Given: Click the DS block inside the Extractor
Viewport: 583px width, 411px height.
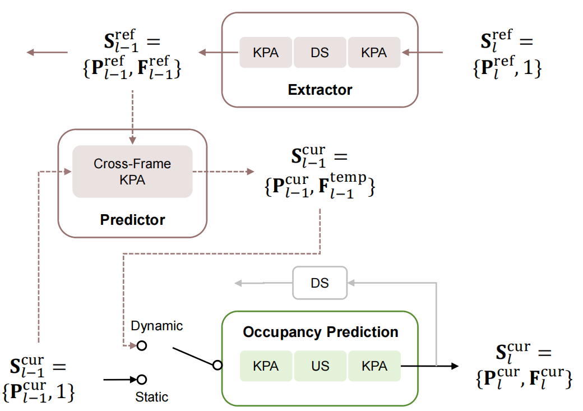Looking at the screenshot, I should (x=320, y=53).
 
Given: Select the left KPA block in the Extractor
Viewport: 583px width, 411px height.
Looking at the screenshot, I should (x=266, y=53).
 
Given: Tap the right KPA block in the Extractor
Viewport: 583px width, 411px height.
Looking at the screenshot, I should (x=374, y=53).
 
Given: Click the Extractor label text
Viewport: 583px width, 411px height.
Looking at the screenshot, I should (x=320, y=90).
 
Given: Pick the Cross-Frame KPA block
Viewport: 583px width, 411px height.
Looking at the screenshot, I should (x=132, y=171).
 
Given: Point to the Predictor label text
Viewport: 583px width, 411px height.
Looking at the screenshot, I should (x=132, y=219).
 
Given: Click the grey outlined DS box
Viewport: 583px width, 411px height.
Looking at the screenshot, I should (x=320, y=283).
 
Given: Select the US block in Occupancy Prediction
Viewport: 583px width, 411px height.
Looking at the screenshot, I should (x=320, y=366).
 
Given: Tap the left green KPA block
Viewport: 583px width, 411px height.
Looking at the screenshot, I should (x=266, y=366).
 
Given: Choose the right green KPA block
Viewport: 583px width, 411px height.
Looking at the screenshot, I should (x=374, y=366).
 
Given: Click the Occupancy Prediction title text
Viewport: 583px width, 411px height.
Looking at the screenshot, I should (x=320, y=332).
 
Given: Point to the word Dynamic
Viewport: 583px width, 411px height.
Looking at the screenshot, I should (x=156, y=326).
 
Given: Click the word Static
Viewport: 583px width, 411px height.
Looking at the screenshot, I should (x=151, y=397).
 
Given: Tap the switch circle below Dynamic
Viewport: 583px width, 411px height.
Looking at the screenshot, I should (x=142, y=345).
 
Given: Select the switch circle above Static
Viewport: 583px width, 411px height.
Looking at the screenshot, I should (x=142, y=380).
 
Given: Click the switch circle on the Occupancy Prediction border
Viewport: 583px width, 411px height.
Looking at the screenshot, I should (x=218, y=366).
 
